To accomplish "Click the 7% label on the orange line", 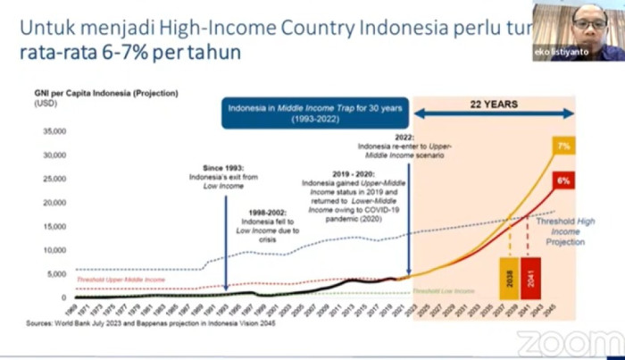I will coord(563,146).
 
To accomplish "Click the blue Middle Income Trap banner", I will coord(316,114).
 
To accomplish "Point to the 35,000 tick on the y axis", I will coord(54,131).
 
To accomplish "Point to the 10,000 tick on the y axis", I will coord(54,250).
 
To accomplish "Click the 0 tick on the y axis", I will coord(63,297).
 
